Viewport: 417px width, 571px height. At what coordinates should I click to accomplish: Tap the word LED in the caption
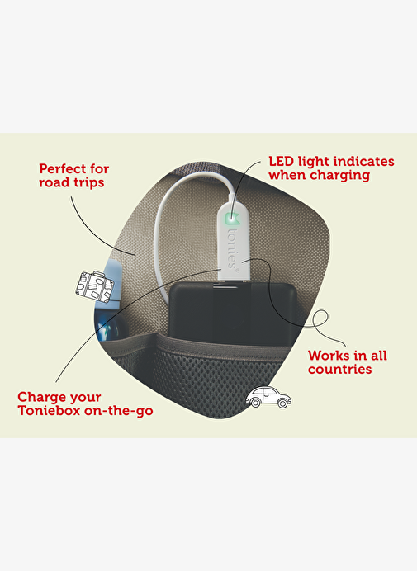282,162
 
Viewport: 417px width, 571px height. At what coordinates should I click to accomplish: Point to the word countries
339,370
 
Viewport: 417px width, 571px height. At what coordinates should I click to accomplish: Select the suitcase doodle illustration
95,286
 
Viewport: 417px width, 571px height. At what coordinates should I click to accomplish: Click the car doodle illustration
268,397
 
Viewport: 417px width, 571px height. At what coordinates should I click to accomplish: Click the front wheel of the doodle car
282,403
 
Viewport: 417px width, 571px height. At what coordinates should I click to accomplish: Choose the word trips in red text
90,182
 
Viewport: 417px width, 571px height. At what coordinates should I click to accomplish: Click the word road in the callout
55,182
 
